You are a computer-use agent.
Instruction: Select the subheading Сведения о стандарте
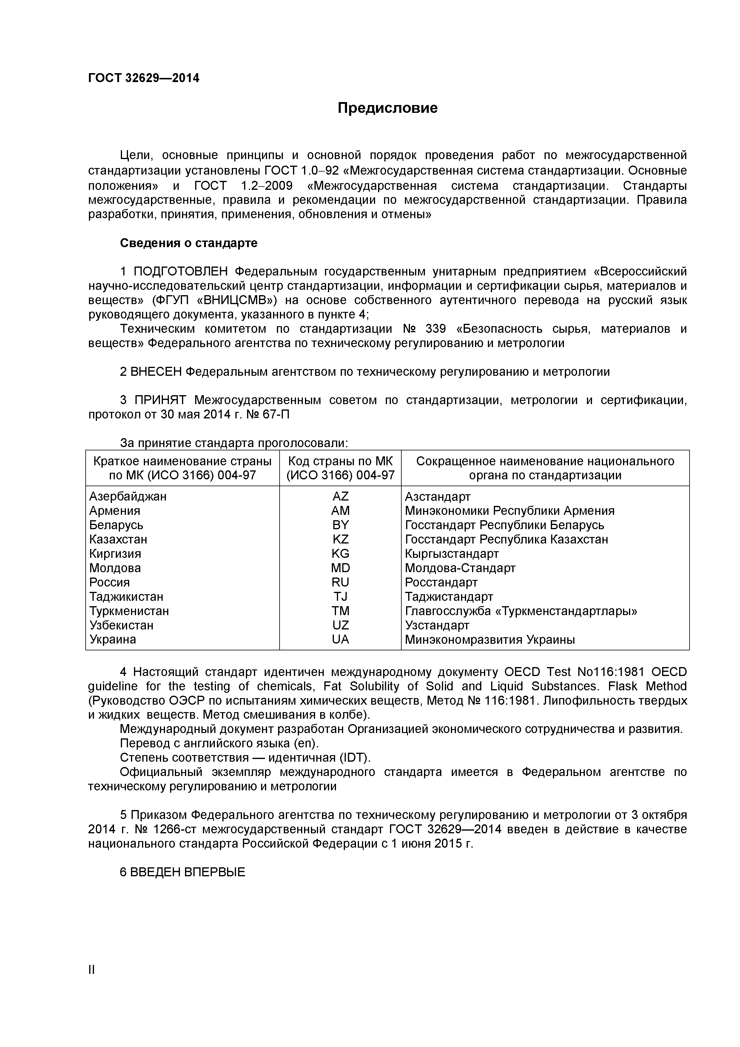(x=188, y=243)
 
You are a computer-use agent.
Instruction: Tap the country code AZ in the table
(x=340, y=496)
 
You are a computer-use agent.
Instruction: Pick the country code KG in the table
(x=340, y=554)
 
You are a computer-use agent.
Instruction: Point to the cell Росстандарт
(x=441, y=582)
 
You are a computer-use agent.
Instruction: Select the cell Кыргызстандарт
(x=451, y=554)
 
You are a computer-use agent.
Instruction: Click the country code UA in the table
(x=340, y=639)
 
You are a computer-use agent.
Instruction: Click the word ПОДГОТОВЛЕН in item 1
(x=180, y=272)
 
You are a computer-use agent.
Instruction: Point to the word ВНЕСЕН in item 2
(x=156, y=372)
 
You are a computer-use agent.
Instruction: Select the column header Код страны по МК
(x=340, y=461)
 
